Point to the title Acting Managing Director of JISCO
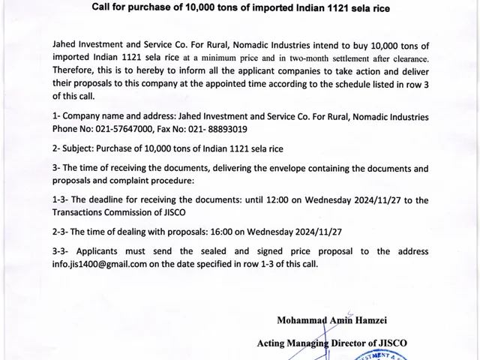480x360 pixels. tap(332, 343)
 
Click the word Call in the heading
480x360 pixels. tap(103, 8)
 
